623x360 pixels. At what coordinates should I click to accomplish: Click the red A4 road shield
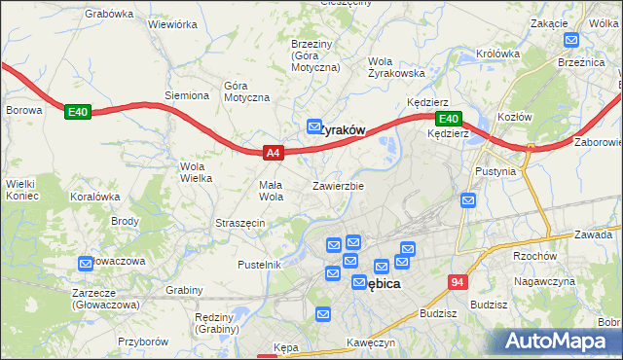(274, 153)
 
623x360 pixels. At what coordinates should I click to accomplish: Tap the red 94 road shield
(458, 282)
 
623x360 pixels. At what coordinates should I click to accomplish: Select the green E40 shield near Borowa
(78, 113)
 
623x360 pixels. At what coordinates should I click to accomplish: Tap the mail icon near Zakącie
(570, 41)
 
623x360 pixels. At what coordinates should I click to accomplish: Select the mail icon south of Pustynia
(468, 200)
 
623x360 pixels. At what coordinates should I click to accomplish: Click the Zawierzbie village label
(338, 185)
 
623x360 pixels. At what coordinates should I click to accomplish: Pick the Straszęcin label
(240, 223)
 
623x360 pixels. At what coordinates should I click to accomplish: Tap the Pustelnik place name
(260, 265)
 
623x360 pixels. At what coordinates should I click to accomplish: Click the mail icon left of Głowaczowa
(85, 262)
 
